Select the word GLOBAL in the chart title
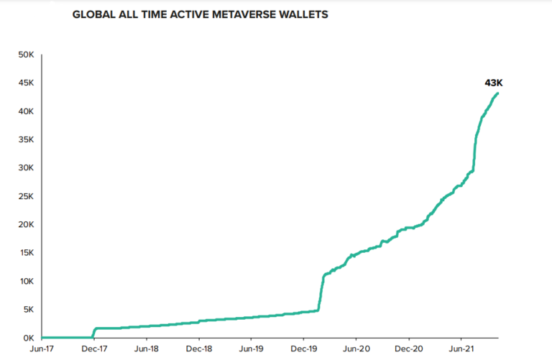click(x=93, y=14)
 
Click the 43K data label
click(x=493, y=83)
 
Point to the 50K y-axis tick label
click(x=25, y=55)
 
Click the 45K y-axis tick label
click(x=25, y=83)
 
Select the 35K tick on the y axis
click(x=25, y=139)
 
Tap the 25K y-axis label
click(x=25, y=196)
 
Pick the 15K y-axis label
click(x=25, y=253)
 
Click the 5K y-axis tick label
click(x=27, y=310)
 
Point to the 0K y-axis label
click(x=27, y=338)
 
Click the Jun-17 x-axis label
click(x=42, y=349)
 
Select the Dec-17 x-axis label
click(x=94, y=349)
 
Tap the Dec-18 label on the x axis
click(x=199, y=349)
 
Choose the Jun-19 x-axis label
click(x=251, y=349)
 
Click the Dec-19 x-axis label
click(x=303, y=349)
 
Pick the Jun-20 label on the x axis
click(x=356, y=349)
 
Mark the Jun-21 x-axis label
click(x=461, y=349)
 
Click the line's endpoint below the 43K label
click(x=498, y=93)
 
